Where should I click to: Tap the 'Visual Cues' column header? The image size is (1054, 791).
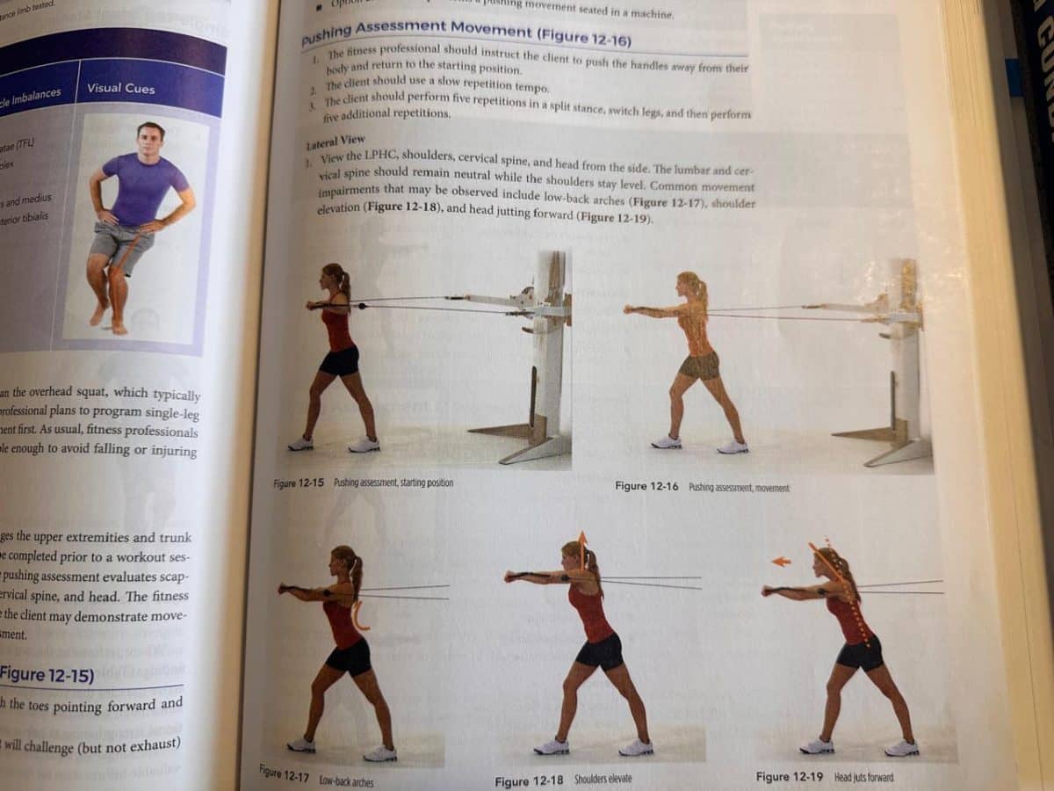click(x=120, y=88)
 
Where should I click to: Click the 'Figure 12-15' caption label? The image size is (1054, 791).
click(x=299, y=483)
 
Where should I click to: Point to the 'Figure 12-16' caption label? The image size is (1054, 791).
click(x=646, y=486)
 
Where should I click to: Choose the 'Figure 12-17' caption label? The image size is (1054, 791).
click(x=286, y=773)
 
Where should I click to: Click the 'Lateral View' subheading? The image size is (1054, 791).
click(x=336, y=142)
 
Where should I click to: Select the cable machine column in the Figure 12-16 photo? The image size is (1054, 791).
click(x=905, y=352)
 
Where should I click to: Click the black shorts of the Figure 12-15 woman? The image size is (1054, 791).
click(x=339, y=361)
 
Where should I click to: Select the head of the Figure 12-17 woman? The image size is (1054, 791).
click(x=342, y=562)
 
